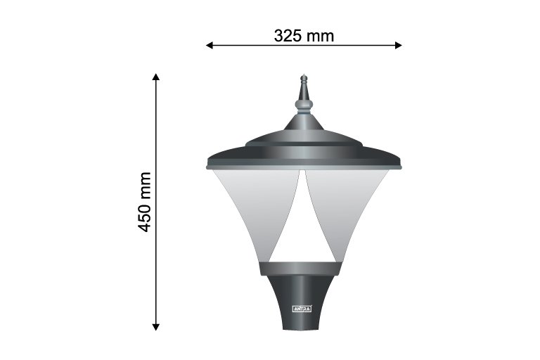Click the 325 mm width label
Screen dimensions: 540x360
(304, 36)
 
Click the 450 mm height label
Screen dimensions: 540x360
(145, 202)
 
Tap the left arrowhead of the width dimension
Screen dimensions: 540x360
(209, 45)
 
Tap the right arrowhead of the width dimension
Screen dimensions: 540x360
(399, 45)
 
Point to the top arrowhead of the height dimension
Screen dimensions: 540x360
(156, 77)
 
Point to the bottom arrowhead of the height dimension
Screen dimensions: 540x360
(156, 327)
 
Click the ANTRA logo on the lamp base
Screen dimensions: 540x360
(302, 309)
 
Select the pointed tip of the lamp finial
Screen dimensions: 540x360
(304, 75)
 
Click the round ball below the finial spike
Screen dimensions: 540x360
(304, 104)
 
